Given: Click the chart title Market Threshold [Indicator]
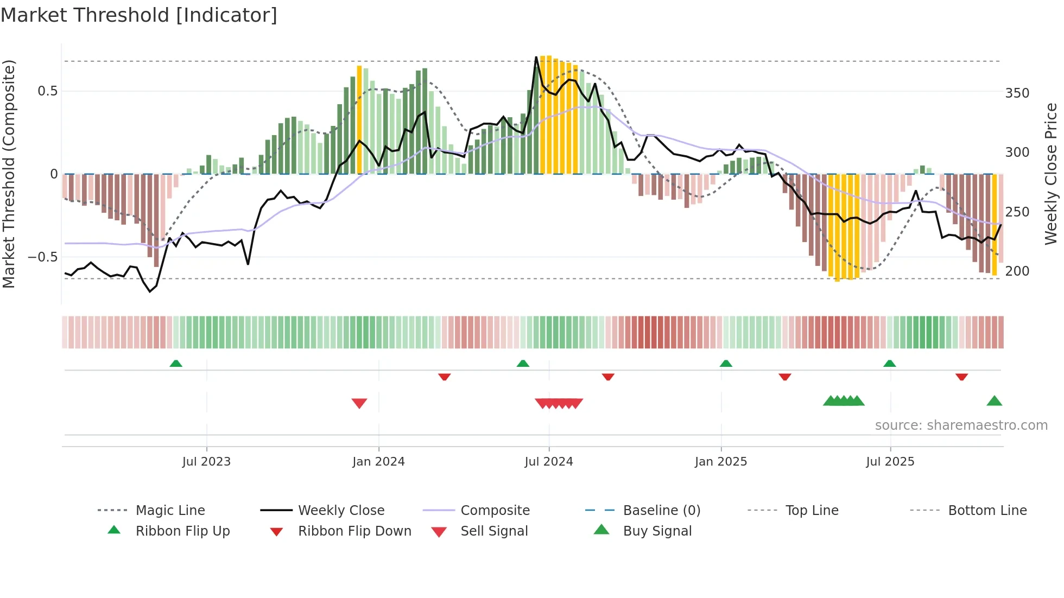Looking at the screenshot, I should (139, 15).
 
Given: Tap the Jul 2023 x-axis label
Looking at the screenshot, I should (206, 462).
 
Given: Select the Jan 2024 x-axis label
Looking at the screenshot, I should (378, 462).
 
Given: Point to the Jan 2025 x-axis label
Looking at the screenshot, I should (721, 462).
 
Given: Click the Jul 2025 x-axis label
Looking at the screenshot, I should (890, 462).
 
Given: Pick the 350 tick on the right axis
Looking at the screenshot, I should (1017, 93).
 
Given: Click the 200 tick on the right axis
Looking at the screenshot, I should (1017, 271).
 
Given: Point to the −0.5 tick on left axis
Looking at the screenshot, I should (42, 257).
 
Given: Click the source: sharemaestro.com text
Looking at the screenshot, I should (961, 425).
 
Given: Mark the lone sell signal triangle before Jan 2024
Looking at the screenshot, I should (359, 403).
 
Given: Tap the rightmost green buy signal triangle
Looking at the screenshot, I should (994, 401).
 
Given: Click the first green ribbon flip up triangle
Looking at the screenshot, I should (176, 364).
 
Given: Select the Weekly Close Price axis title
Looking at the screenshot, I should (1051, 174).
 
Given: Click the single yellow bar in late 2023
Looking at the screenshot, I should (359, 119).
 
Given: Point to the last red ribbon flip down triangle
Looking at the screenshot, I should (961, 377).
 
